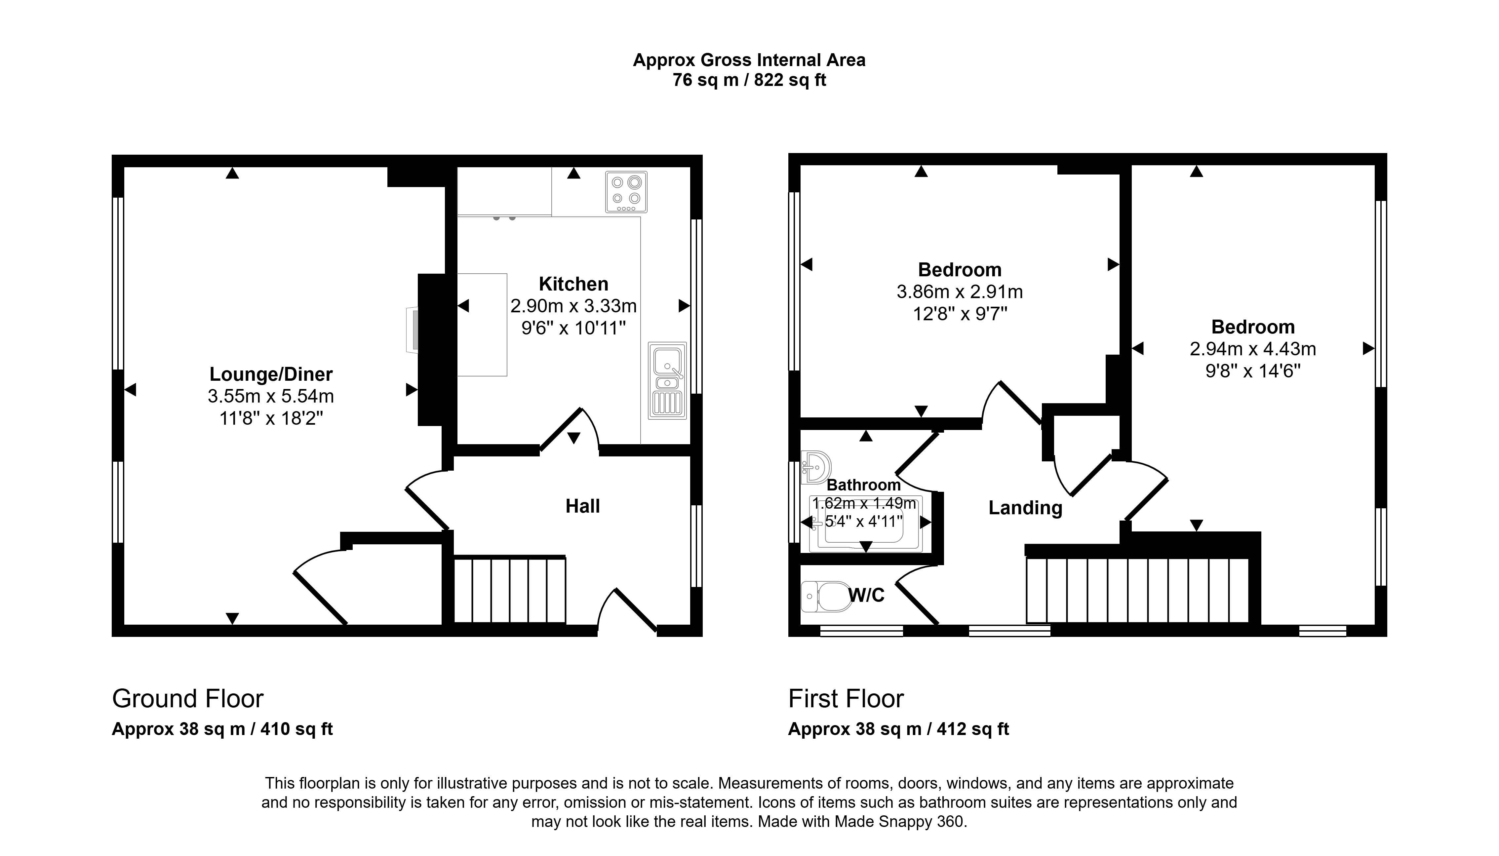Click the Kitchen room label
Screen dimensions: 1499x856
[573, 284]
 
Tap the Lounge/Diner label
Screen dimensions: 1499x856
[271, 374]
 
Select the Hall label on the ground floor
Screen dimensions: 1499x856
[582, 506]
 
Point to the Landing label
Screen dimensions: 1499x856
[1025, 508]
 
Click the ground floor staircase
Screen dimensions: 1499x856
[510, 590]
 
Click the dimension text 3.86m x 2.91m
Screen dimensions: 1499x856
[959, 292]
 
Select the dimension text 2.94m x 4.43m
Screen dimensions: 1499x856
[1253, 349]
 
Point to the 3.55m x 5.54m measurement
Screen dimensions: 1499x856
[271, 396]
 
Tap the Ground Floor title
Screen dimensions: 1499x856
[187, 698]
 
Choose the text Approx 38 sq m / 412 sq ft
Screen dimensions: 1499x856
[898, 729]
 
